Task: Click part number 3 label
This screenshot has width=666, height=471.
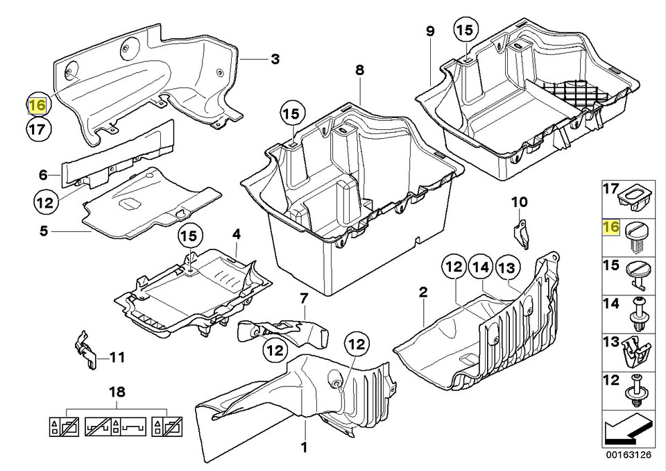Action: (275, 59)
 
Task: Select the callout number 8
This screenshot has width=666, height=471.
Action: (360, 70)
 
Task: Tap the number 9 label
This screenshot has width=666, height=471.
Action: (430, 31)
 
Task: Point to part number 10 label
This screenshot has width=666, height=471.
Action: (519, 201)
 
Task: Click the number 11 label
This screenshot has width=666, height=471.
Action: (117, 357)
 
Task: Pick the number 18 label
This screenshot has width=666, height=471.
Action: (117, 392)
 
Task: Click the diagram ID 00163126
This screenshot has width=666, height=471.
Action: (629, 455)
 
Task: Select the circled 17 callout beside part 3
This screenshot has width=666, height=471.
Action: (37, 129)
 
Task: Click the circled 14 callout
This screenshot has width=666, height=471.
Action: (481, 267)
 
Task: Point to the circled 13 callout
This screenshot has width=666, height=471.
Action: (508, 267)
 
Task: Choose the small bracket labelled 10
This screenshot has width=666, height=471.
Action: (522, 233)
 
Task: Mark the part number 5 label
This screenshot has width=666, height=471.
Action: (44, 231)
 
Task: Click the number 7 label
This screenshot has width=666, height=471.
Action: (303, 299)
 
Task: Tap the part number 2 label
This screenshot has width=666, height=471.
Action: (422, 292)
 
